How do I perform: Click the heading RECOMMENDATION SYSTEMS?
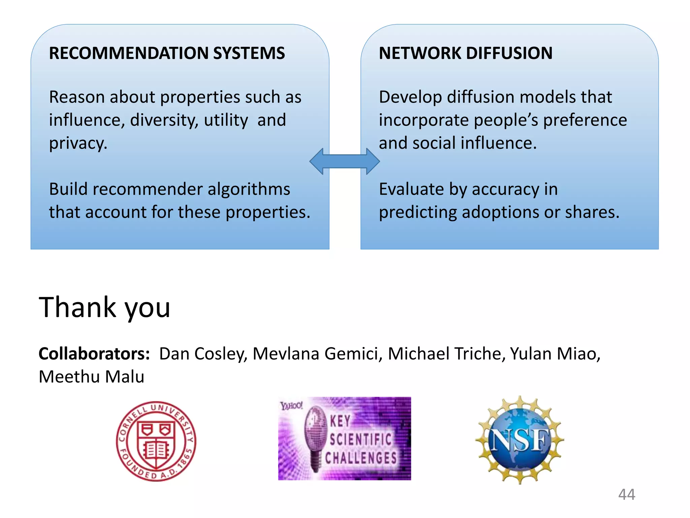click(167, 53)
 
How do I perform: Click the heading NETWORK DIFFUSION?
click(465, 53)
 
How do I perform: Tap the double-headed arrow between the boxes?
click(344, 161)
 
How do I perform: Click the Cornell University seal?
click(156, 441)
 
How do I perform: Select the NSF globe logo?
click(519, 440)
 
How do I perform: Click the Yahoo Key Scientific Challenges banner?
click(344, 438)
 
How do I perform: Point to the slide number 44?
click(626, 494)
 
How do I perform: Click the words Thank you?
click(104, 307)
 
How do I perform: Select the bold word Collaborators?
click(94, 354)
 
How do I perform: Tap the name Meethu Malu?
click(91, 377)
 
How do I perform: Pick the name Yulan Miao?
click(555, 354)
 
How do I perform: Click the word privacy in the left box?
click(77, 144)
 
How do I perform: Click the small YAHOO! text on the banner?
click(291, 406)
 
